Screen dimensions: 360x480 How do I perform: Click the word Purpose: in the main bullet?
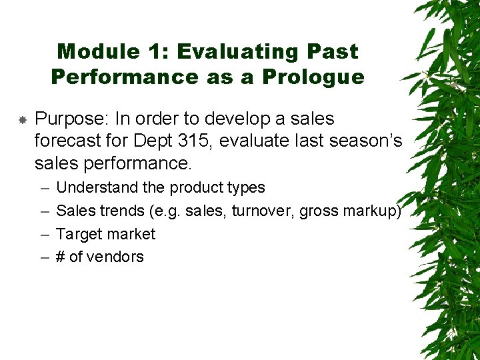point(73,119)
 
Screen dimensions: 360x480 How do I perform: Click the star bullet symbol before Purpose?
point(22,120)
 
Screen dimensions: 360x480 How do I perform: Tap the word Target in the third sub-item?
point(79,234)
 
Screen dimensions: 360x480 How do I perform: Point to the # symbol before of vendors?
point(61,257)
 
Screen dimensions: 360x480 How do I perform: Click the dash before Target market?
point(43,234)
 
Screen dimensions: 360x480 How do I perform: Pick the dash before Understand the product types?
point(43,188)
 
